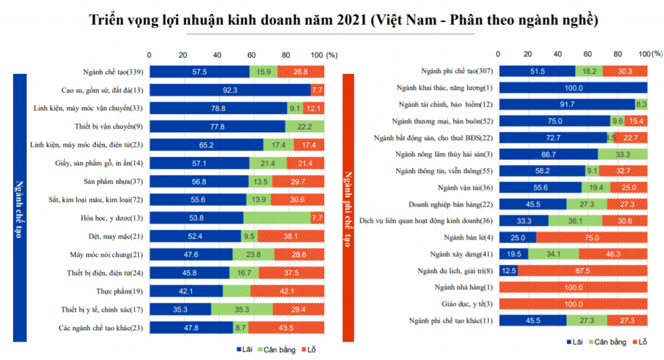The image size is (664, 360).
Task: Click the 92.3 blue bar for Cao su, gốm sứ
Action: (230, 90)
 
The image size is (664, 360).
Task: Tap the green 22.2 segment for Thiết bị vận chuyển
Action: (305, 126)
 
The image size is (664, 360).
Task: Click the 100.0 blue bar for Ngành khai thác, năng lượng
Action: (573, 88)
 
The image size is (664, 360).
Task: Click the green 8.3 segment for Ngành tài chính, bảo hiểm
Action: (641, 104)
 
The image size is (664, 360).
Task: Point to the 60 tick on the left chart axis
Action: (251, 54)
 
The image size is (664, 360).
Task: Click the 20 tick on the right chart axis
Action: (528, 54)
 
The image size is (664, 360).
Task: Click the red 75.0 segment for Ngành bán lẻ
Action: (591, 237)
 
